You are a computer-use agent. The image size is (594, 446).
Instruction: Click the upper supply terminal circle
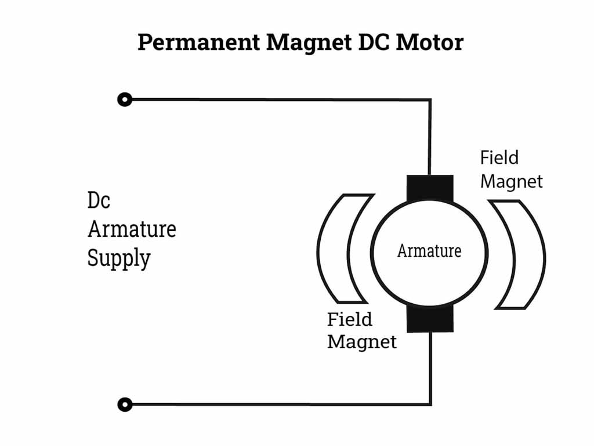tap(125, 99)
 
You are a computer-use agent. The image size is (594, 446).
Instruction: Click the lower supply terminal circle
tap(125, 404)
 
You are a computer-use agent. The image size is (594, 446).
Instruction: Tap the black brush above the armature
tap(430, 187)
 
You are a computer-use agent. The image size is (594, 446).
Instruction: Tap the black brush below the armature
tap(430, 319)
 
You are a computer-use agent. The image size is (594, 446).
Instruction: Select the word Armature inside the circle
tap(429, 251)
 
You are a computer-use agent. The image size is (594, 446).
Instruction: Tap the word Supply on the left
tap(119, 258)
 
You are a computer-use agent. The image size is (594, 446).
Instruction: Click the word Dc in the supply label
tap(99, 200)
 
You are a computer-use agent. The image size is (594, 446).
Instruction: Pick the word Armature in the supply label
tap(132, 229)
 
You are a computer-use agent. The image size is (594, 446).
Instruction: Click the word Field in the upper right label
tap(499, 157)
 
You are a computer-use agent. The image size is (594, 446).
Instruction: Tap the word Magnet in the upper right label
tap(512, 181)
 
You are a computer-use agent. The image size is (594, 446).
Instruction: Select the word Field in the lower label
tap(350, 319)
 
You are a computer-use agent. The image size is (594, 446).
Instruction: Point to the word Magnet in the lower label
tap(362, 341)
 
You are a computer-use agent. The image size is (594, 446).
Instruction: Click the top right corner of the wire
tap(430, 100)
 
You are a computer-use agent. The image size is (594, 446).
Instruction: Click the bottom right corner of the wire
tap(430, 404)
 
